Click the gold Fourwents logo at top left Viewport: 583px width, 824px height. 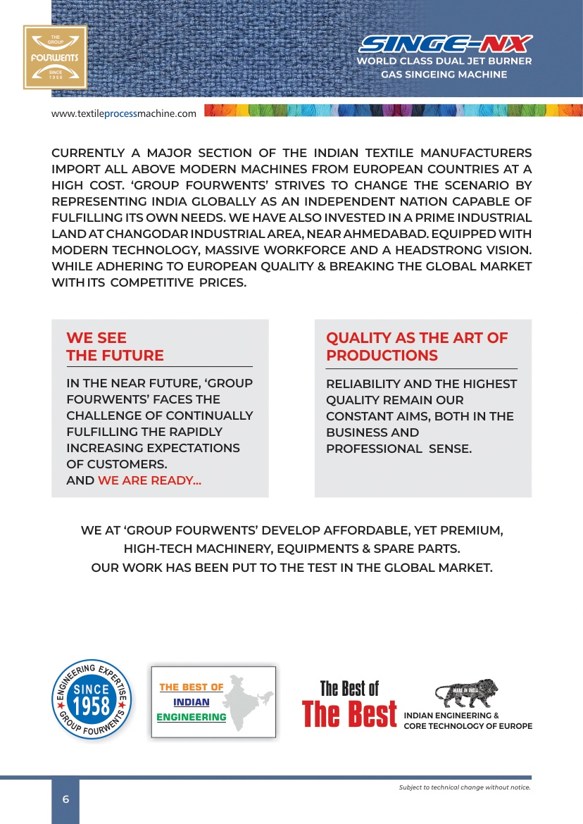[55, 57]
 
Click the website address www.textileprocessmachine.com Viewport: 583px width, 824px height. [123, 114]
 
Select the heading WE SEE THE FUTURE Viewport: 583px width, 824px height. [115, 347]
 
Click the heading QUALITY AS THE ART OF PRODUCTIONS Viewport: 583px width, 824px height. [416, 347]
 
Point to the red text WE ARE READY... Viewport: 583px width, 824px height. [149, 481]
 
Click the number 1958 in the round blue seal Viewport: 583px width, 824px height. [92, 706]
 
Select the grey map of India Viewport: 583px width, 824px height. [247, 701]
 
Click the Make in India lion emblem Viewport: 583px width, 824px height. [466, 694]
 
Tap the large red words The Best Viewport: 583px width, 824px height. [349, 714]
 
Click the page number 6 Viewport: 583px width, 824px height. [65, 799]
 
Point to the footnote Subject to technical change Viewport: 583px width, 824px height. [464, 787]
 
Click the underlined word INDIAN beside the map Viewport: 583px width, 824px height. [192, 702]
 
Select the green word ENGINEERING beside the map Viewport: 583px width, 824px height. [192, 717]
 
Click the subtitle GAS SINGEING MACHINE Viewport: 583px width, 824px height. [444, 74]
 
